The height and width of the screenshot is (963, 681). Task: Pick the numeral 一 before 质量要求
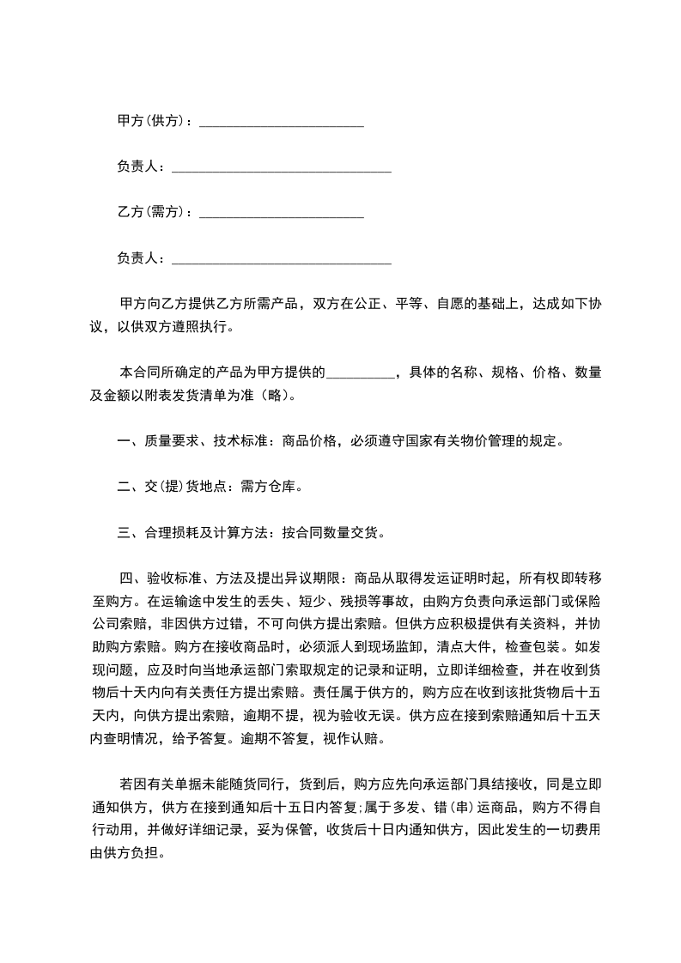point(123,442)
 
